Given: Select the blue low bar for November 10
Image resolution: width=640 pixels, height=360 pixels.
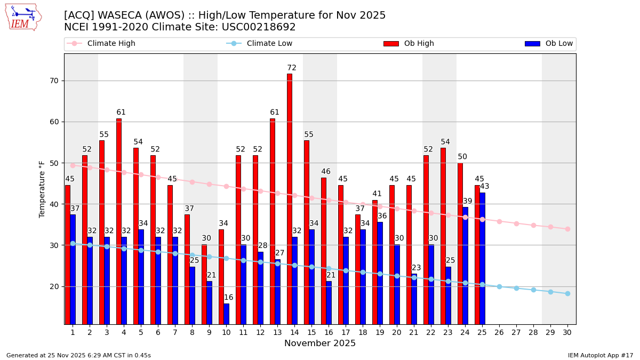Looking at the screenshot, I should point(227,314).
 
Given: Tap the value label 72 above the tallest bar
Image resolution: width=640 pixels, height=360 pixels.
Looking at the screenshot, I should point(292,68).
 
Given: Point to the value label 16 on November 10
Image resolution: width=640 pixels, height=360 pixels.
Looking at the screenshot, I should point(228,298).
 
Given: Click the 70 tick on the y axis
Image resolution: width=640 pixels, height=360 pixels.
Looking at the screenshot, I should point(54,81).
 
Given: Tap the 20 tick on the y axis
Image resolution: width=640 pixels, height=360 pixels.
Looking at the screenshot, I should point(54,286).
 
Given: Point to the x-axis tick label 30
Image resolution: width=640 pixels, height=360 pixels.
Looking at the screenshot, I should point(567,332).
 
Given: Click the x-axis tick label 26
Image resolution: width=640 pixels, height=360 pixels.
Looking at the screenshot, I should point(499,332).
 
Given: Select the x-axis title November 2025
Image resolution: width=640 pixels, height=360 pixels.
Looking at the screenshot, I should point(320,343).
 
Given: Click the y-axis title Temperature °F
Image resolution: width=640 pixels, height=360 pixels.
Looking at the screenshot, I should point(42,189).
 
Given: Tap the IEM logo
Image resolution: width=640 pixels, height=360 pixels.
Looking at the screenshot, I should point(23,17).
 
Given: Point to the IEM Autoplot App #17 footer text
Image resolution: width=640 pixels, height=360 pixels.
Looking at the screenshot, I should point(600,355).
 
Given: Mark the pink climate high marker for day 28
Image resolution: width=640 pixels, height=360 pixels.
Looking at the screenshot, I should point(533,225).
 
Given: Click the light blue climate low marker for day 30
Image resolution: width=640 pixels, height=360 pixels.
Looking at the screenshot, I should point(567,293).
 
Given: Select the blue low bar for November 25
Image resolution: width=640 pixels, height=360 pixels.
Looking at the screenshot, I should point(482,258).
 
